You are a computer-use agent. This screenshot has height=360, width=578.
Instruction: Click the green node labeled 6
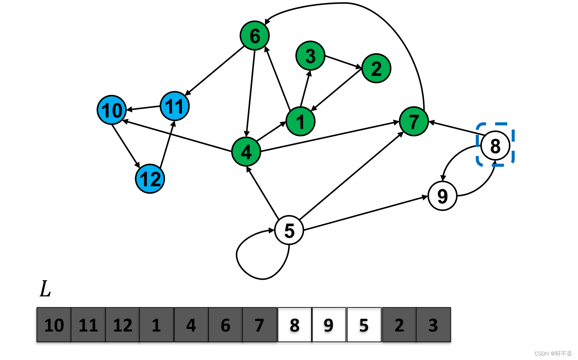click(x=255, y=36)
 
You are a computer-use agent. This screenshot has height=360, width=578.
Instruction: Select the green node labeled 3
click(x=310, y=56)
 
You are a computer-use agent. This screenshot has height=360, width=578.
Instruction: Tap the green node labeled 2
click(x=376, y=69)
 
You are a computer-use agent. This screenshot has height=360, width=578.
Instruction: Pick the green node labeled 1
click(x=301, y=122)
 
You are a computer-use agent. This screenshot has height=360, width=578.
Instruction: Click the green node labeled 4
click(x=246, y=152)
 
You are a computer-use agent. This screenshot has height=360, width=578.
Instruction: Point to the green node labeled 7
click(x=414, y=122)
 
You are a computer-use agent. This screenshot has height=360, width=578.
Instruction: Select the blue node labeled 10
click(x=112, y=110)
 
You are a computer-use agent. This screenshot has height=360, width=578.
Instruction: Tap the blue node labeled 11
click(x=174, y=106)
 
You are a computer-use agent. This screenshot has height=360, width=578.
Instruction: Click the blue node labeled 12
click(x=150, y=179)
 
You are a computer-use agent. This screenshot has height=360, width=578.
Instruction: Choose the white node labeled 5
click(x=289, y=230)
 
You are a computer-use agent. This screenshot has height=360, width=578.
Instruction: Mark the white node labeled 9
click(x=442, y=196)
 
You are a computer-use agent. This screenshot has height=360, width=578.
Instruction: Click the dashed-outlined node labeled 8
click(x=495, y=146)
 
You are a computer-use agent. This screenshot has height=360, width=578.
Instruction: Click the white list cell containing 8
click(x=294, y=325)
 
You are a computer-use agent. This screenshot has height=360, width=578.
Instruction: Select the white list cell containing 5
click(x=364, y=325)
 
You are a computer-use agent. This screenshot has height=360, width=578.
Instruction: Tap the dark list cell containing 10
click(x=54, y=325)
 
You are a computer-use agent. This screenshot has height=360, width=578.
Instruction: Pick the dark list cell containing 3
click(x=433, y=325)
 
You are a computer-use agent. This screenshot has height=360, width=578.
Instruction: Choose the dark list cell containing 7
click(x=259, y=325)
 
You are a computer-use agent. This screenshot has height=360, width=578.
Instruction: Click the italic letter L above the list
click(x=45, y=289)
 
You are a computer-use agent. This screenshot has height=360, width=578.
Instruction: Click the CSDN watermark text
click(x=553, y=353)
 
